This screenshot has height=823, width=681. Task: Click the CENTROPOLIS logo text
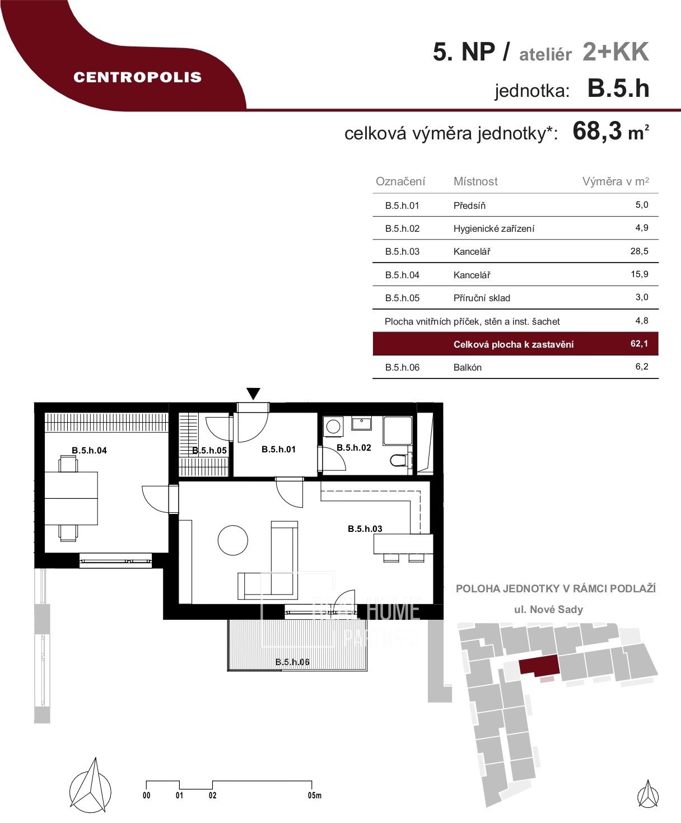coord(137,77)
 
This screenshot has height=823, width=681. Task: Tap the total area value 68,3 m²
coord(610,132)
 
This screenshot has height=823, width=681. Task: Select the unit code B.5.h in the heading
coord(618,89)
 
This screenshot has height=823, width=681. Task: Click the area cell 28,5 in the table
coord(639,251)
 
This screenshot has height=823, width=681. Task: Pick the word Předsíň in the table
coord(469,205)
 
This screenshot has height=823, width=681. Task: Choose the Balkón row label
coord(467,367)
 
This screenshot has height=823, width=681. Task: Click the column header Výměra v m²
coord(615,181)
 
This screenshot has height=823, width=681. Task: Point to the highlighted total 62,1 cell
coord(639,344)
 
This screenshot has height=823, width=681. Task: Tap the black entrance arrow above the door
coord(254,394)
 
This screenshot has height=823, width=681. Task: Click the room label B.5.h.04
coord(89,450)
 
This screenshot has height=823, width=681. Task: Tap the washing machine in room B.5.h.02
coord(334,427)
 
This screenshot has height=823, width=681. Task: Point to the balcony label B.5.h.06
coord(292,662)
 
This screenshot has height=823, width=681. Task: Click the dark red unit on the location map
coord(539,665)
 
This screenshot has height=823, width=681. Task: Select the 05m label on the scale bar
coord(314,796)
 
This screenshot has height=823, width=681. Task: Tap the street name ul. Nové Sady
coord(548,610)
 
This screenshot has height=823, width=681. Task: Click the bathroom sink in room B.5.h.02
coord(361,423)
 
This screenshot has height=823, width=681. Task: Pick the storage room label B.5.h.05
coord(209,450)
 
